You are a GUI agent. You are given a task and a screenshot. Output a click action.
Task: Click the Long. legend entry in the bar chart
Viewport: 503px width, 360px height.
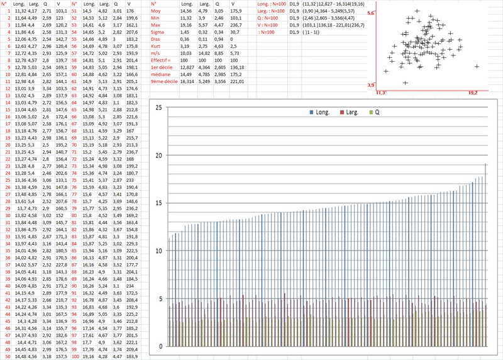(321, 111)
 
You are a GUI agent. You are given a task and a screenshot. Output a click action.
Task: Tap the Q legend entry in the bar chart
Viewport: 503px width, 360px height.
(375, 111)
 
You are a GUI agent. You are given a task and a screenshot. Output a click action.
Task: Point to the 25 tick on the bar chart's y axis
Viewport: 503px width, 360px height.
(158, 108)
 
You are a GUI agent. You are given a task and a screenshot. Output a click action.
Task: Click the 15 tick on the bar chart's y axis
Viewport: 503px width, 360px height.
(158, 203)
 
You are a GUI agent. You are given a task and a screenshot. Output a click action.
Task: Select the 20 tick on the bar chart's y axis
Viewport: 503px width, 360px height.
(158, 155)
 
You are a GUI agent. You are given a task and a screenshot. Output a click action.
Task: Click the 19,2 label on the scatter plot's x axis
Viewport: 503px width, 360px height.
(473, 93)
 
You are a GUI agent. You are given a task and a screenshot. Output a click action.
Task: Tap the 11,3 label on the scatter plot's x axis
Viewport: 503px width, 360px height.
(380, 93)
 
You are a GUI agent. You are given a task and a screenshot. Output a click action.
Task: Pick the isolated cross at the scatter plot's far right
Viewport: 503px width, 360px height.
(477, 66)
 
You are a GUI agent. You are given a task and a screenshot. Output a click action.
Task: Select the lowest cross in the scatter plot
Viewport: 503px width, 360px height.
(404, 82)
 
